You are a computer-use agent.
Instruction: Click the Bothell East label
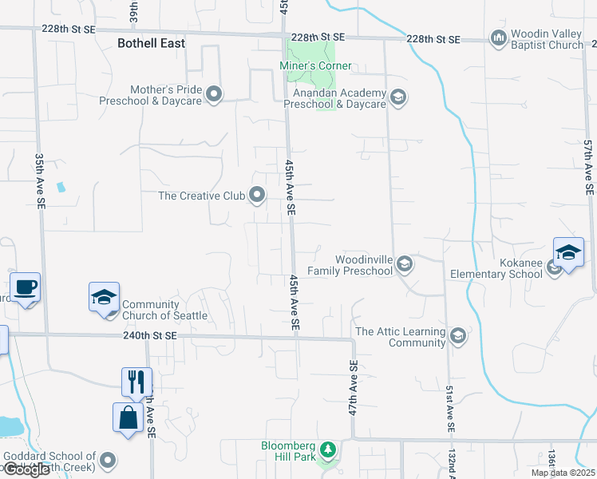[151, 43]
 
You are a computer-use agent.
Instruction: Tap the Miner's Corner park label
[315, 65]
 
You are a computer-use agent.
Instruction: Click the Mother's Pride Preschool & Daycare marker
[213, 95]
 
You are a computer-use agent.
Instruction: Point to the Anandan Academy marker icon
[398, 98]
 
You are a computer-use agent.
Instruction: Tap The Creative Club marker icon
[257, 195]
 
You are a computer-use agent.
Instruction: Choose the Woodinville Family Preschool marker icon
[405, 264]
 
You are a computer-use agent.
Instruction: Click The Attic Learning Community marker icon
[457, 335]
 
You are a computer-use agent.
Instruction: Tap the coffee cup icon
[24, 287]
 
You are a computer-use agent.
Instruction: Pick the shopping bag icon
[128, 417]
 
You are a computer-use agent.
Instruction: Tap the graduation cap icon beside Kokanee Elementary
[568, 252]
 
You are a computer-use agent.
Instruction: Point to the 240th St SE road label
[149, 337]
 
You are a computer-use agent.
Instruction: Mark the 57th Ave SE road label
[587, 168]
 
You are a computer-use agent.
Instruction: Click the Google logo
[26, 469]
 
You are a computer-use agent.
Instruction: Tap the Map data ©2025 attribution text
[562, 473]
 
